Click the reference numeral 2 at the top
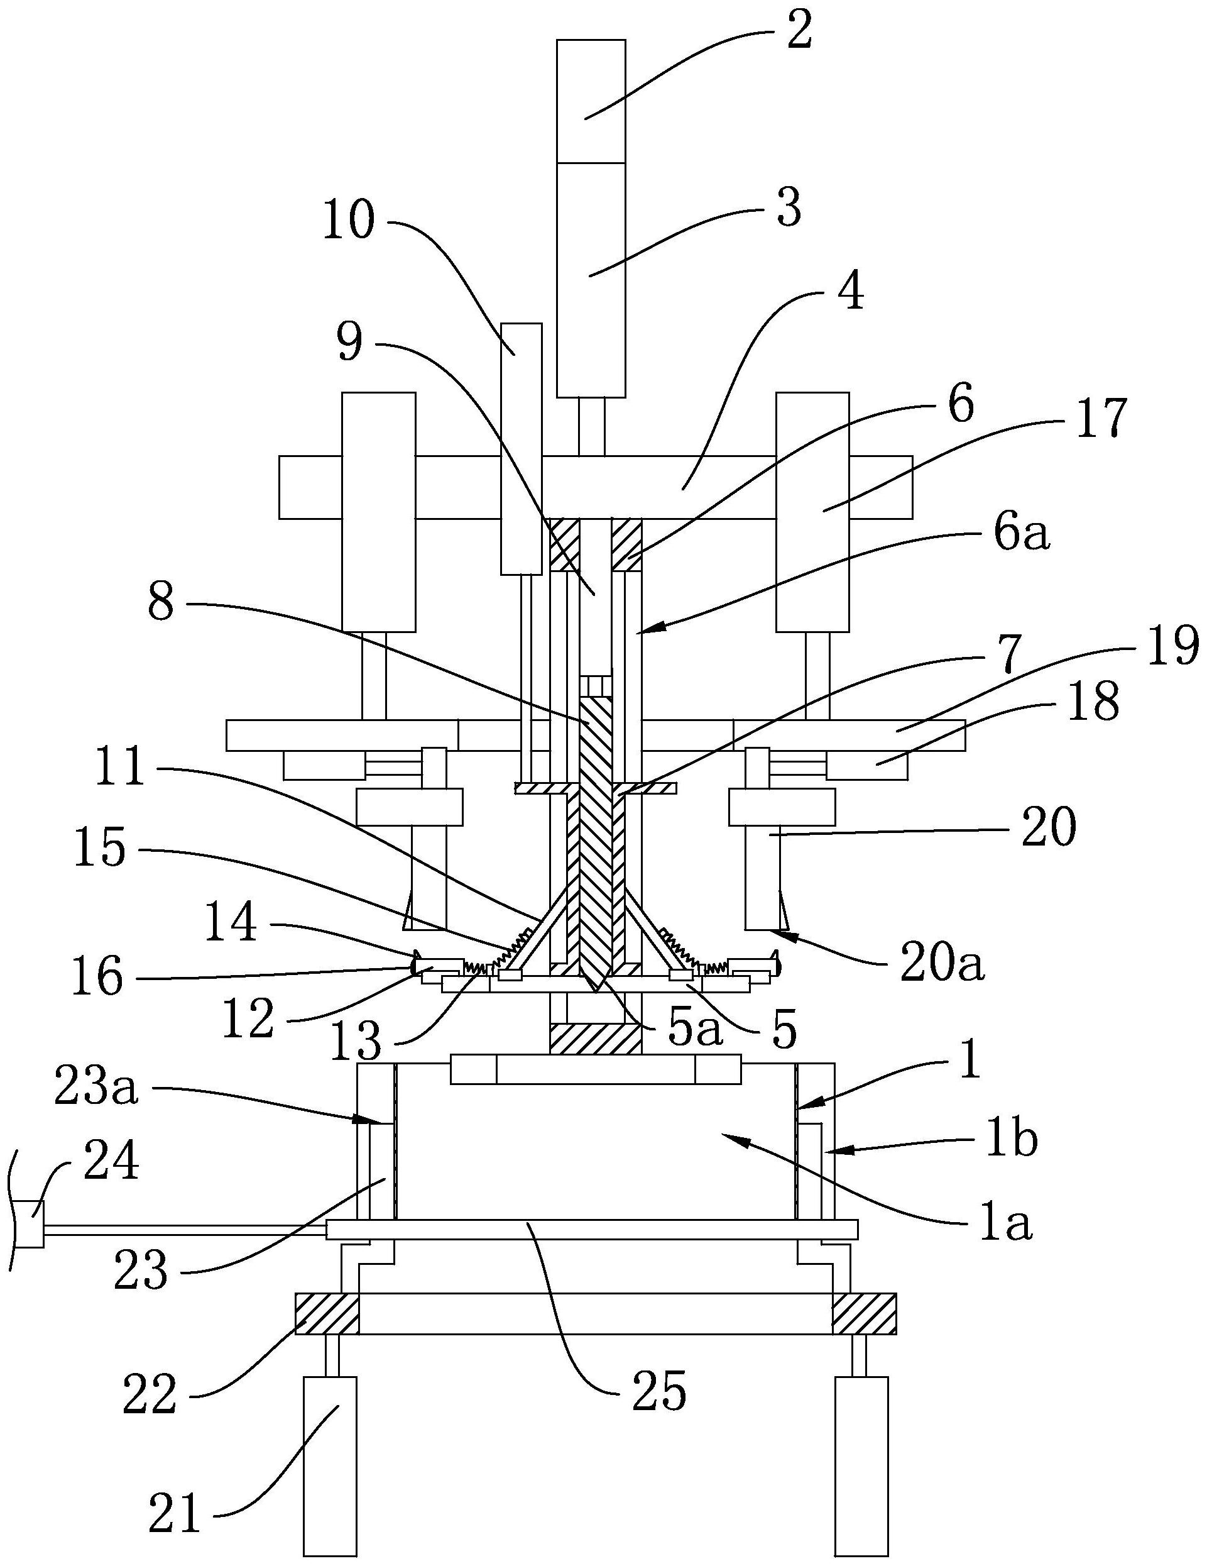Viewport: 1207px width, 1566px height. pyautogui.click(x=799, y=30)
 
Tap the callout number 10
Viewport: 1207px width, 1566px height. pyautogui.click(x=349, y=220)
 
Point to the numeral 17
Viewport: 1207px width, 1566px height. pyautogui.click(x=1102, y=417)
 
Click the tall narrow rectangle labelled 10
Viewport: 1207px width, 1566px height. pyautogui.click(x=521, y=448)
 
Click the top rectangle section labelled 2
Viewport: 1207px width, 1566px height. pyautogui.click(x=591, y=101)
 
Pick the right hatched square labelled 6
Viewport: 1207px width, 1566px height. pyautogui.click(x=626, y=546)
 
